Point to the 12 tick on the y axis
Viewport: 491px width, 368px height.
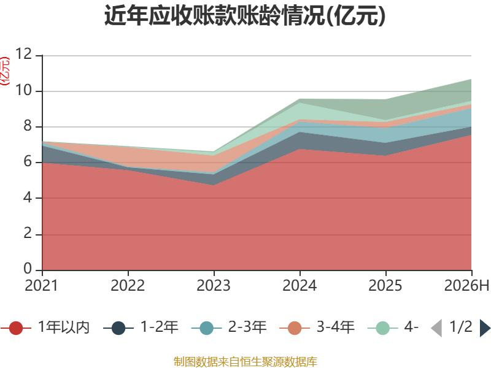click(x=23, y=54)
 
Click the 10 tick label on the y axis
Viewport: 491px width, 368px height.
click(x=23, y=90)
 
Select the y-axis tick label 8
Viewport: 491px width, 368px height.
click(x=28, y=126)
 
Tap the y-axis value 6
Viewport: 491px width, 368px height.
click(x=28, y=162)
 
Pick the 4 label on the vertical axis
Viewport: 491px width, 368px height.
click(x=28, y=197)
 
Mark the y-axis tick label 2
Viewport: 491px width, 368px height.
click(x=28, y=234)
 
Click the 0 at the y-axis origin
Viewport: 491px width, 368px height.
click(x=28, y=269)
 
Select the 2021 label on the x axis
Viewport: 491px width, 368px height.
click(x=41, y=285)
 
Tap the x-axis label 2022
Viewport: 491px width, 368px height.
click(x=128, y=285)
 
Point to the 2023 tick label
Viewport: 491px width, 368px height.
click(x=214, y=285)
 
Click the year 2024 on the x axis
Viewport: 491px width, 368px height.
click(x=300, y=285)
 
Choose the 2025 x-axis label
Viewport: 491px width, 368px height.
click(x=385, y=285)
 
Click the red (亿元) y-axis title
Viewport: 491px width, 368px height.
click(x=5, y=71)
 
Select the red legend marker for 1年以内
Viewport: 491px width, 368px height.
click(x=16, y=328)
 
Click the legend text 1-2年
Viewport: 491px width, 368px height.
click(x=160, y=327)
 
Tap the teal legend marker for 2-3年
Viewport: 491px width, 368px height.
click(x=206, y=328)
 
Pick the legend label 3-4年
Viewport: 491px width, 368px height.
click(x=335, y=327)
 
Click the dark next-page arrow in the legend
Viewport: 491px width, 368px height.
click(x=485, y=328)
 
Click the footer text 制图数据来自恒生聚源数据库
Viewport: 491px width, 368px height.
click(x=245, y=362)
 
